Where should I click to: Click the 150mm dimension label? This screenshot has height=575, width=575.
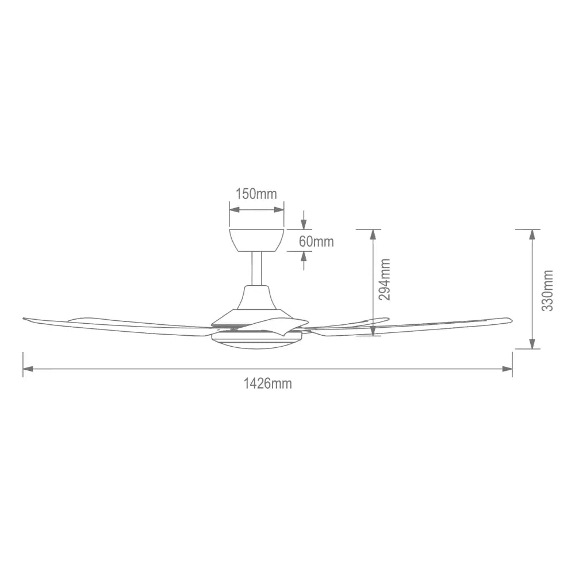[256, 194]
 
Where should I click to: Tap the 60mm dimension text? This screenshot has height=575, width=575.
[316, 241]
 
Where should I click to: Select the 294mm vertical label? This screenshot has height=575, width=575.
[384, 279]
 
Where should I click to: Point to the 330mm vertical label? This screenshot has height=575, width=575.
[547, 290]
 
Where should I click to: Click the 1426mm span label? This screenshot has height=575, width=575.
[268, 384]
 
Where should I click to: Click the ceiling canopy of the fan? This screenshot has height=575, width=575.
[256, 240]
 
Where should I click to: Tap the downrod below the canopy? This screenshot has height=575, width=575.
[256, 269]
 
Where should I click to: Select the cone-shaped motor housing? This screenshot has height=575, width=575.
[256, 304]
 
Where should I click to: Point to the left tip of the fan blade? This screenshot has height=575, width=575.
[23, 319]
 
